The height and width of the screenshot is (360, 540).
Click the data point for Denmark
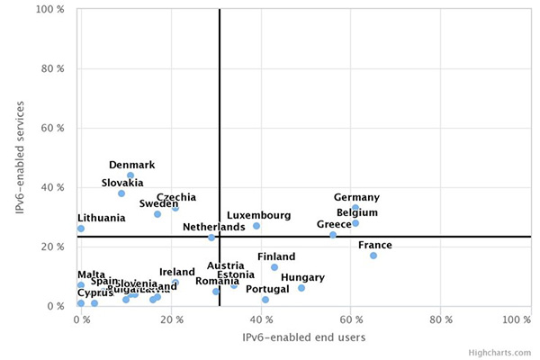click(x=130, y=175)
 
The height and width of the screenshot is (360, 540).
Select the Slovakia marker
click(x=121, y=193)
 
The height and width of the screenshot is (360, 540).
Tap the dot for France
click(x=373, y=256)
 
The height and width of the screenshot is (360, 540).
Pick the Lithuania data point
click(x=81, y=229)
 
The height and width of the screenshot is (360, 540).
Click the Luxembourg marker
click(x=256, y=226)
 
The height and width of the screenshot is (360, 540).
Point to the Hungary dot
click(x=301, y=288)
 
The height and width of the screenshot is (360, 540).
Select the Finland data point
click(x=274, y=267)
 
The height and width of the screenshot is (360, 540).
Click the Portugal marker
click(x=265, y=300)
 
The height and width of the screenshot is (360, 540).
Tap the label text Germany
click(x=356, y=197)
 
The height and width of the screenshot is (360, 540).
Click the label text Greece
click(x=334, y=224)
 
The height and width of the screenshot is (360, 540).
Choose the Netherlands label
click(x=213, y=227)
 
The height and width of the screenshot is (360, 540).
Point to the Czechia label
click(x=176, y=197)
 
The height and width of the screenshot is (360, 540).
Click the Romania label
click(x=217, y=281)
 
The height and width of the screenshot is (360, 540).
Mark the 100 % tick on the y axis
click(x=49, y=10)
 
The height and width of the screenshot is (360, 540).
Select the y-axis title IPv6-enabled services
click(x=20, y=157)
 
